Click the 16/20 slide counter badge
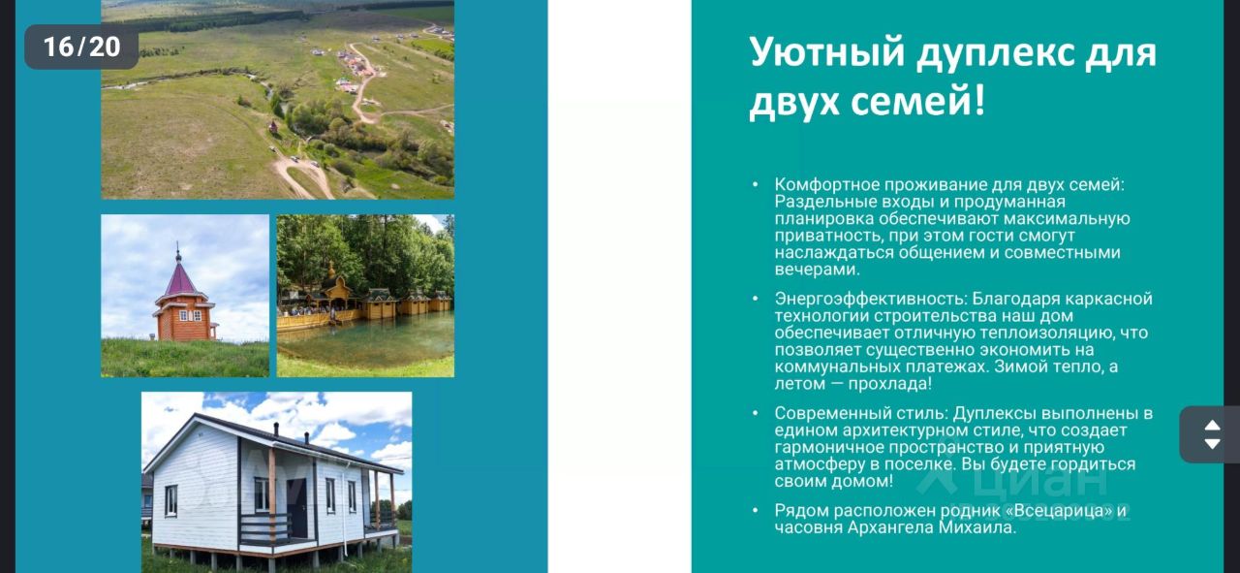pos(81,47)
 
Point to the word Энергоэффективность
pos(870,299)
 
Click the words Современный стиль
pos(861,413)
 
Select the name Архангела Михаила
pos(931,527)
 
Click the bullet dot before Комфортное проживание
pos(756,184)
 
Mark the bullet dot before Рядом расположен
pos(756,510)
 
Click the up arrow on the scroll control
pos(1212,425)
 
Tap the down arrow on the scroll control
pos(1212,444)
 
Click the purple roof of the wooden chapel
pos(180,280)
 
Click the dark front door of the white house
pos(297,517)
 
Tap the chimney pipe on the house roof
pos(276,429)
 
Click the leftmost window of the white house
pos(171,500)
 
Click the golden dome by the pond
pos(331,271)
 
